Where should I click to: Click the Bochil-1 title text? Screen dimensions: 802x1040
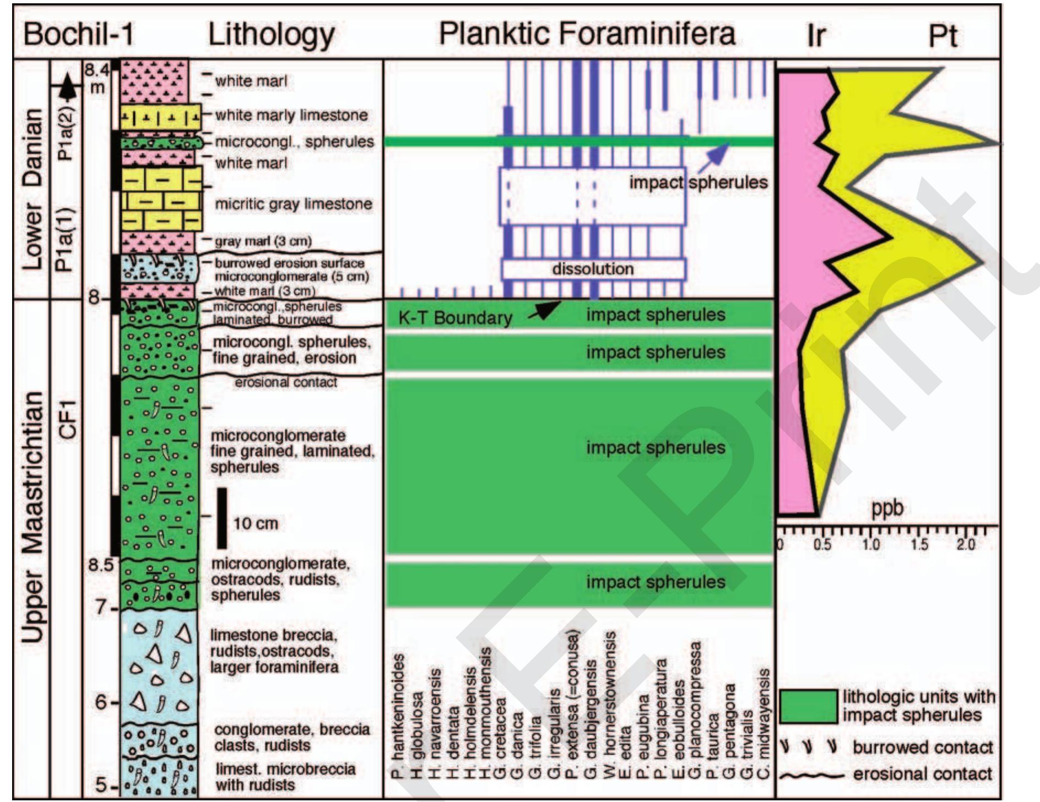(79, 34)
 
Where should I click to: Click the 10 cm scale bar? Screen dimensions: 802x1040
(221, 518)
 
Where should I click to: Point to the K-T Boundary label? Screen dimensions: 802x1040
(455, 318)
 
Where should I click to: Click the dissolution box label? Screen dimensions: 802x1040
(593, 269)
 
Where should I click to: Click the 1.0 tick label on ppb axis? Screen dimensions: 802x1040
(871, 545)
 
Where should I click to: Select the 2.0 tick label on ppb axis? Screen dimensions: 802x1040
(965, 545)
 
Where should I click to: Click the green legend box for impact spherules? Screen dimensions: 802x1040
(808, 706)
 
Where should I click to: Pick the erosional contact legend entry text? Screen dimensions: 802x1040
(923, 774)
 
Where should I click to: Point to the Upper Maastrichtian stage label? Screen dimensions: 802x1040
(33, 518)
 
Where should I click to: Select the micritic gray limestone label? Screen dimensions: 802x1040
(293, 204)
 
